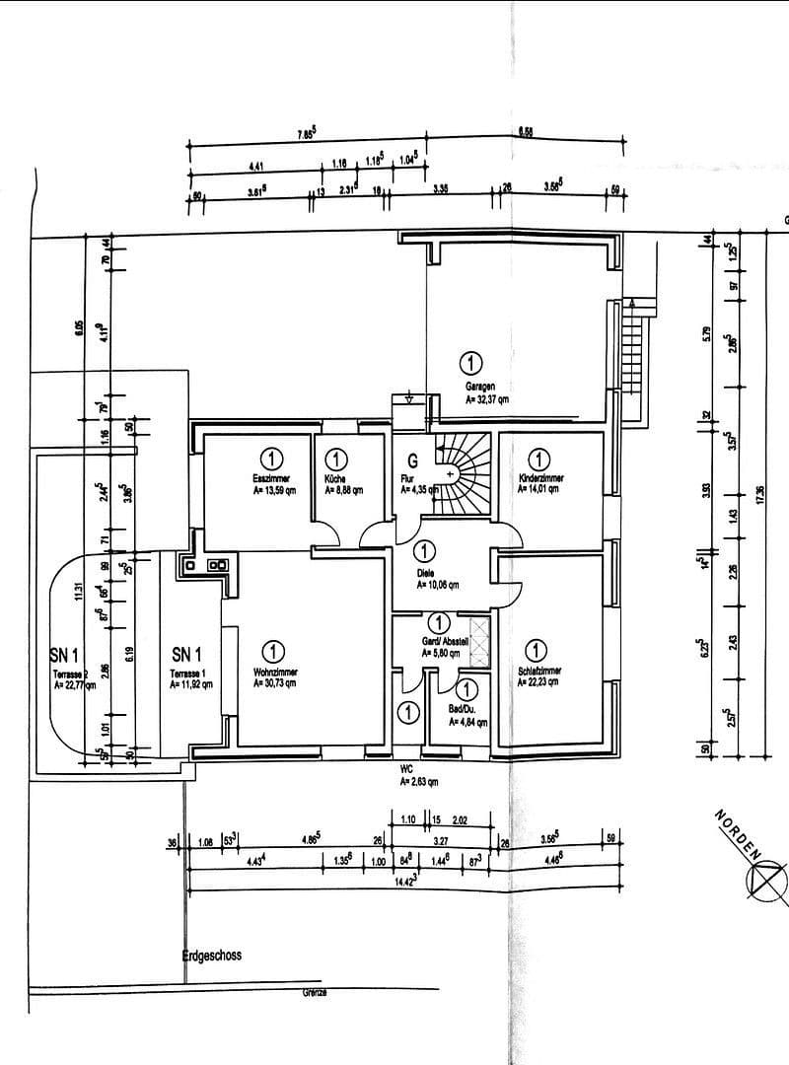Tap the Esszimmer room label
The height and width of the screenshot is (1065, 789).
coord(268,477)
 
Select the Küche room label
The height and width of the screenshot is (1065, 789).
coord(336,477)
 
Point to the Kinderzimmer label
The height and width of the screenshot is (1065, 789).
coord(538,477)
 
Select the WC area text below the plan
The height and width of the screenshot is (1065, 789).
coord(405,772)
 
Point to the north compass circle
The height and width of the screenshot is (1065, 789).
coord(769,877)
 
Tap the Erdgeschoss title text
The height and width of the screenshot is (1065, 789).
coord(211,956)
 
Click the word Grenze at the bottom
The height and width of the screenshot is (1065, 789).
coord(316,992)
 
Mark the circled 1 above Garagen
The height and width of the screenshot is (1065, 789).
coord(472,362)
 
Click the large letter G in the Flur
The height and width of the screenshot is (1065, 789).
coord(413,460)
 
